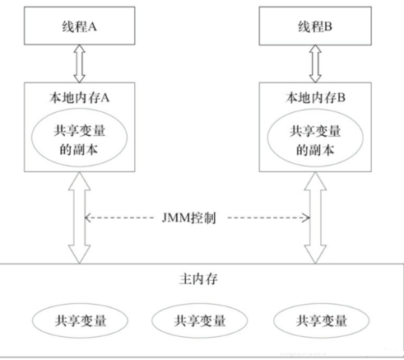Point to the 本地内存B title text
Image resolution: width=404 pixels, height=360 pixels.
[x=317, y=97]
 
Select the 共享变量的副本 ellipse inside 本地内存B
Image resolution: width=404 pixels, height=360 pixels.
[x=317, y=140]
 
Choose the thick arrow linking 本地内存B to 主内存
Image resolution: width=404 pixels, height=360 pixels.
[x=317, y=222]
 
